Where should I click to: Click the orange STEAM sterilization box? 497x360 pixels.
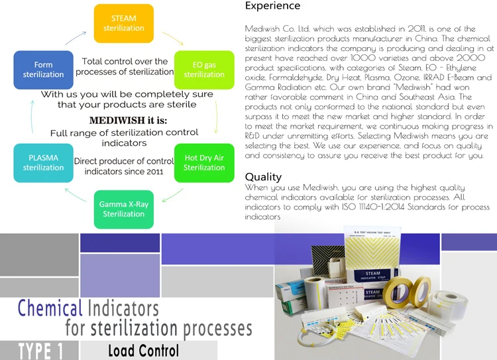(x=123, y=23)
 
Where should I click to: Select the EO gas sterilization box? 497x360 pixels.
(x=203, y=70)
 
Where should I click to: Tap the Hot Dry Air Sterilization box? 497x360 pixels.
(x=203, y=163)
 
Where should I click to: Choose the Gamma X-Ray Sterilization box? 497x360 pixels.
(x=123, y=210)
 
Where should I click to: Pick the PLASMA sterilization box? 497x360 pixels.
(x=43, y=163)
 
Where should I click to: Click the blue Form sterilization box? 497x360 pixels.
(x=43, y=70)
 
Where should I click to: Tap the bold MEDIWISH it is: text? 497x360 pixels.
(x=123, y=121)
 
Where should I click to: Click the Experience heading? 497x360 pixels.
(x=272, y=6)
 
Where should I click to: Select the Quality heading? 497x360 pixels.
(x=263, y=177)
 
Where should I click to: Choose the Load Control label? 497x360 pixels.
(x=143, y=350)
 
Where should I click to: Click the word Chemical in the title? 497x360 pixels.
(x=50, y=308)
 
